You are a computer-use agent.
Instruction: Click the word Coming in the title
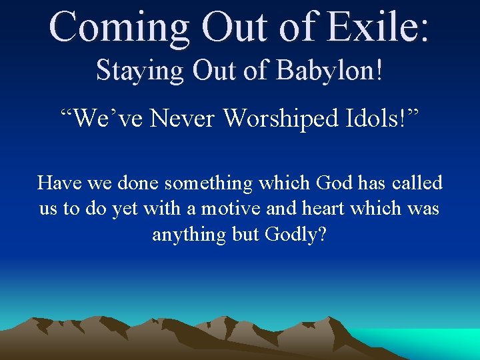click(117, 27)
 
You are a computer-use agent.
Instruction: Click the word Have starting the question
click(58, 183)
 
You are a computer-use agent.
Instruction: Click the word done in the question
click(135, 183)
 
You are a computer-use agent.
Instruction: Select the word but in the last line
click(246, 235)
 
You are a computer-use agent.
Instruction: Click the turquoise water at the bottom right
click(440, 343)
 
